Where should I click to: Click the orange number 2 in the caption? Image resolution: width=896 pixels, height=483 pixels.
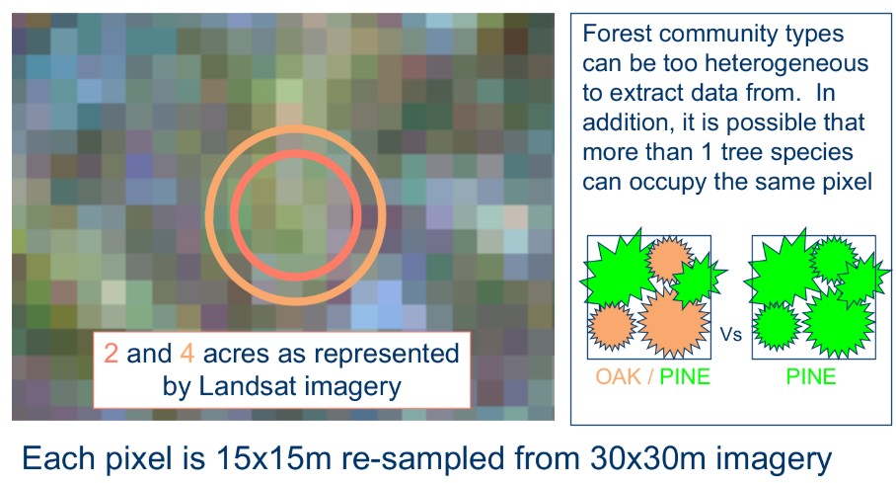112,354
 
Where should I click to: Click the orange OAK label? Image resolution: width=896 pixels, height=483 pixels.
618,376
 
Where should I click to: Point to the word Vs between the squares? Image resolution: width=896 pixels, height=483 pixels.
730,334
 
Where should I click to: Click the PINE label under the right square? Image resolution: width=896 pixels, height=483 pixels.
811,376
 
